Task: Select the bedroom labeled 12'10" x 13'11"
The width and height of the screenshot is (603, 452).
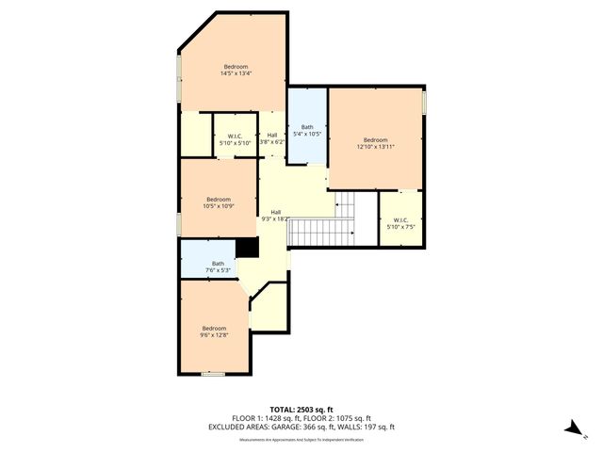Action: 375,142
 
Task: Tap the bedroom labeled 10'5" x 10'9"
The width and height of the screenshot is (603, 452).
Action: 219,202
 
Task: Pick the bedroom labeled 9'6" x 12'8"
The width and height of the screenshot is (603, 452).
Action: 214,331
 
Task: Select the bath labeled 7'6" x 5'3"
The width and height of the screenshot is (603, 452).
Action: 218,266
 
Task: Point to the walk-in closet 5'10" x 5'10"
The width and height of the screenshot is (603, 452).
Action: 236,139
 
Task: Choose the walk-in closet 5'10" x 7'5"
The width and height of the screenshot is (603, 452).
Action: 400,222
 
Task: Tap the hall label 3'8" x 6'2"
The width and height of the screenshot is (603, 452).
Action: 272,137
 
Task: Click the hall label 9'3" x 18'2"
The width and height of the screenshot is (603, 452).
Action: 276,215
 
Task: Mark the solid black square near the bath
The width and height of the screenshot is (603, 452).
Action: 248,247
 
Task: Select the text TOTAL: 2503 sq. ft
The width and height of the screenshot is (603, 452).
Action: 301,408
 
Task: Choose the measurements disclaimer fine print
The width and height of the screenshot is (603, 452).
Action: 301,440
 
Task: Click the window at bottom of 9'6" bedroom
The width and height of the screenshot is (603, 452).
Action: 213,374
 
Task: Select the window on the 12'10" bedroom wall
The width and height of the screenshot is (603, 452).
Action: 424,101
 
